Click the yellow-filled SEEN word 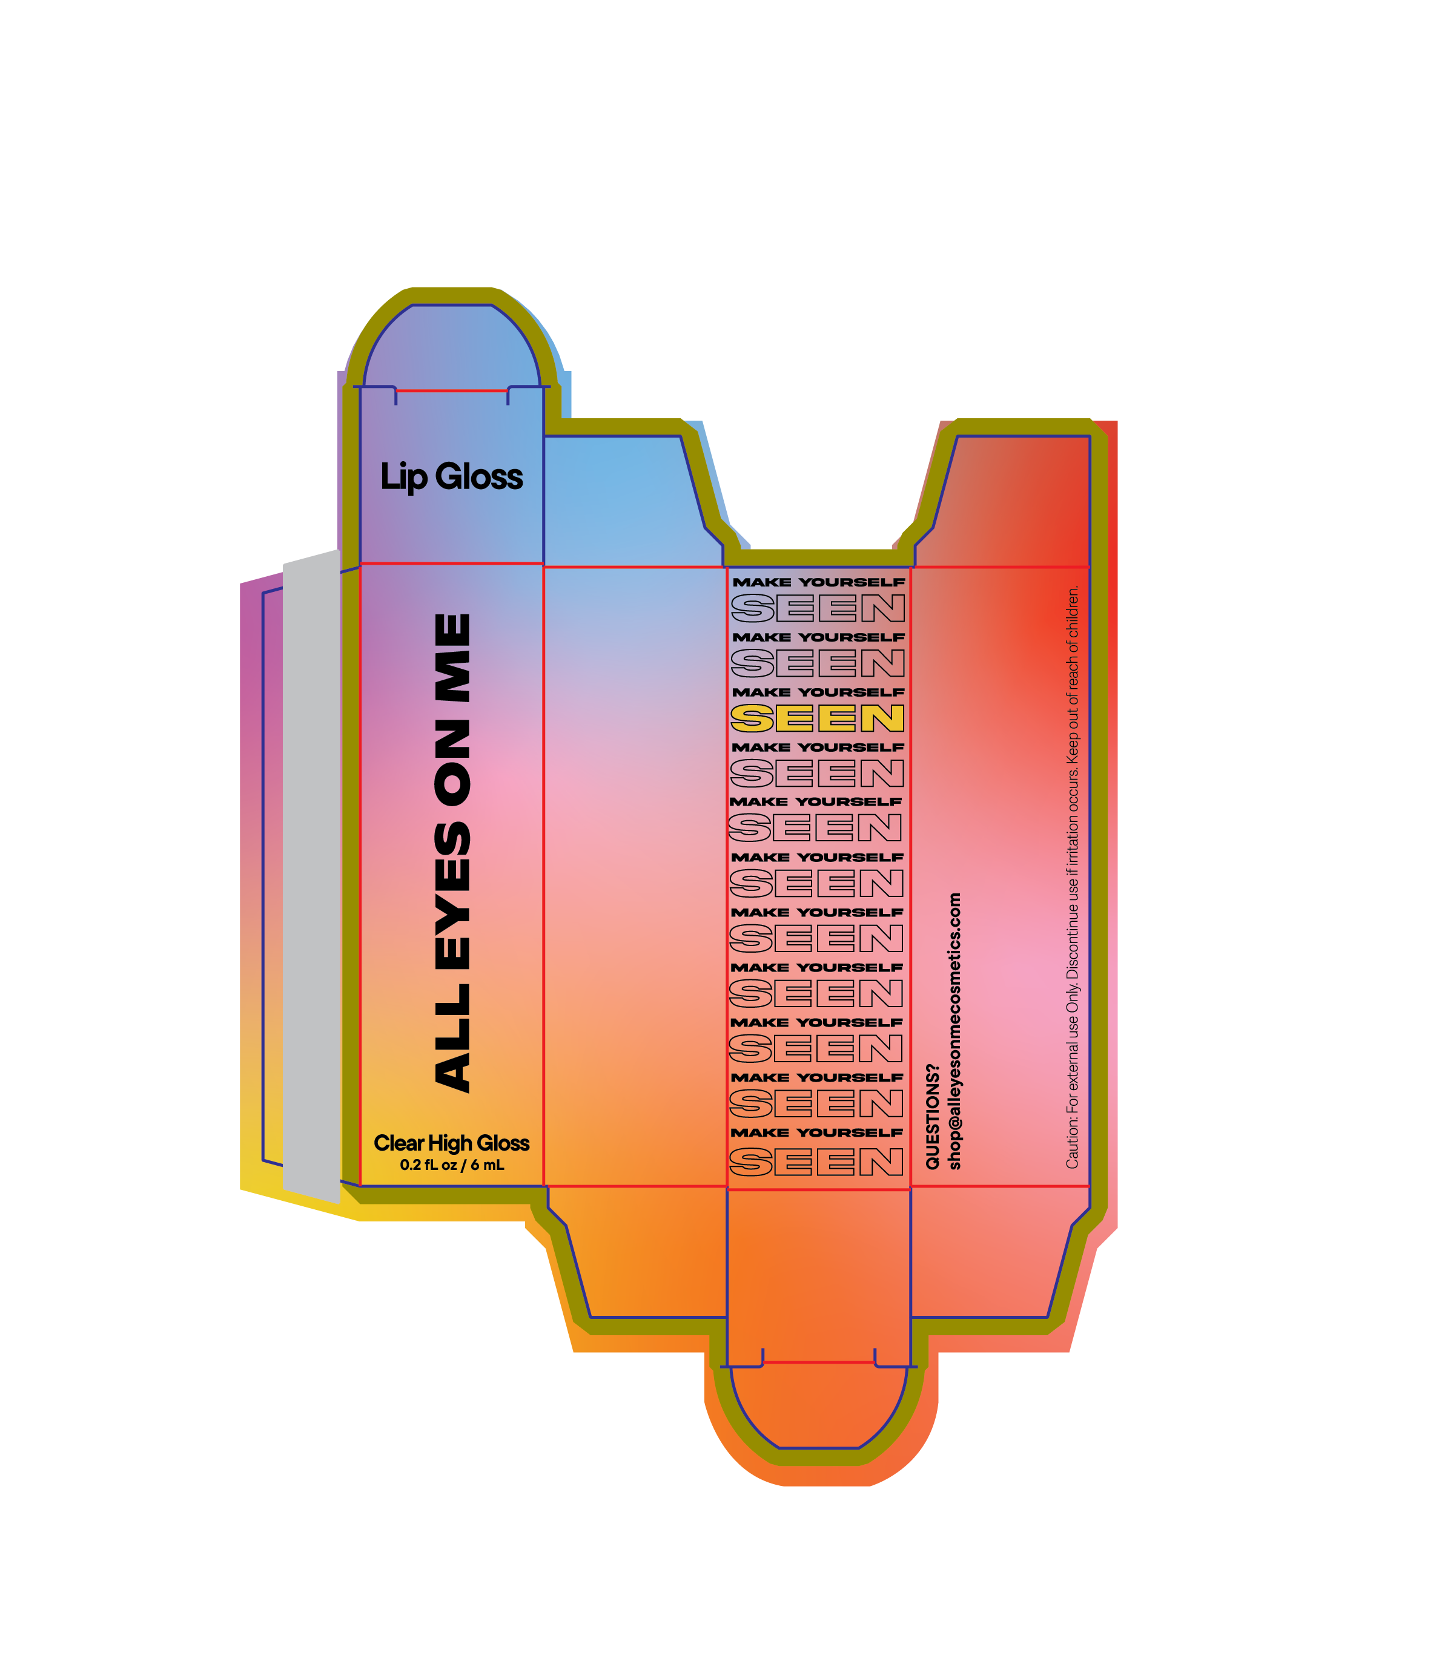[816, 718]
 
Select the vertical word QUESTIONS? [932, 1117]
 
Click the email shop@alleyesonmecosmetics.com [954, 1031]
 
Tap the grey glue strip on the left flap [311, 875]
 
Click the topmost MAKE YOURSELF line [818, 582]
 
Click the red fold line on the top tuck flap [452, 390]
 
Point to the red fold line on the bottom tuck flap [818, 1362]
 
